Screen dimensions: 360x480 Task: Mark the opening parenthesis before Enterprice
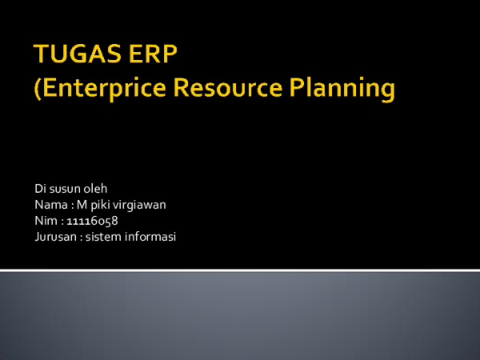[x=36, y=90]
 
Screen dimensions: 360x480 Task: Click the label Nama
[x=50, y=205]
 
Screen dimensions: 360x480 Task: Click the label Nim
[x=46, y=220]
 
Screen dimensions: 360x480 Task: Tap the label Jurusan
[x=55, y=236]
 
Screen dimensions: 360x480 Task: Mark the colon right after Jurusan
[x=81, y=237]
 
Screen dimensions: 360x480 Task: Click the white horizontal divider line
[x=240, y=270]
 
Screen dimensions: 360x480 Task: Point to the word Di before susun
[x=40, y=189]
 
